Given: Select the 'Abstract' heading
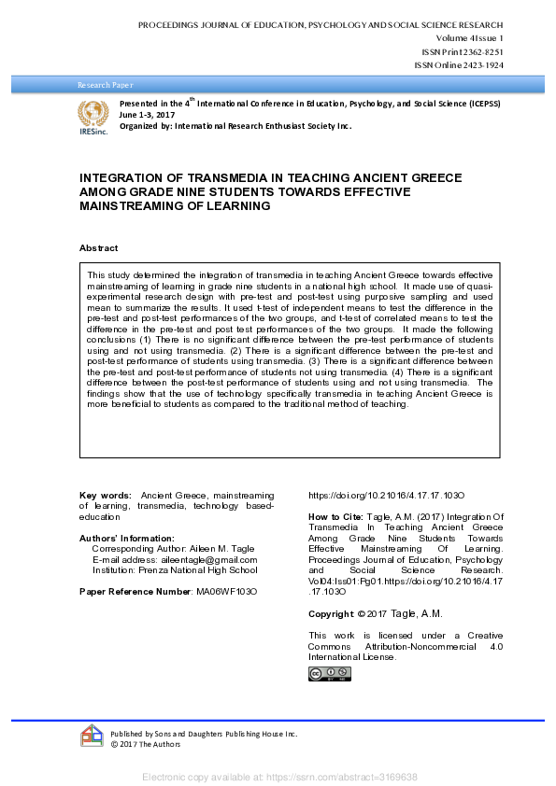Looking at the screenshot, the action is click(x=99, y=248).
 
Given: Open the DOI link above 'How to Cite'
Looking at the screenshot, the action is click(x=387, y=496).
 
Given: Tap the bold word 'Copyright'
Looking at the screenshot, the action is click(x=331, y=613).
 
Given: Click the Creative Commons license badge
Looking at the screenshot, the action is click(x=330, y=673).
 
